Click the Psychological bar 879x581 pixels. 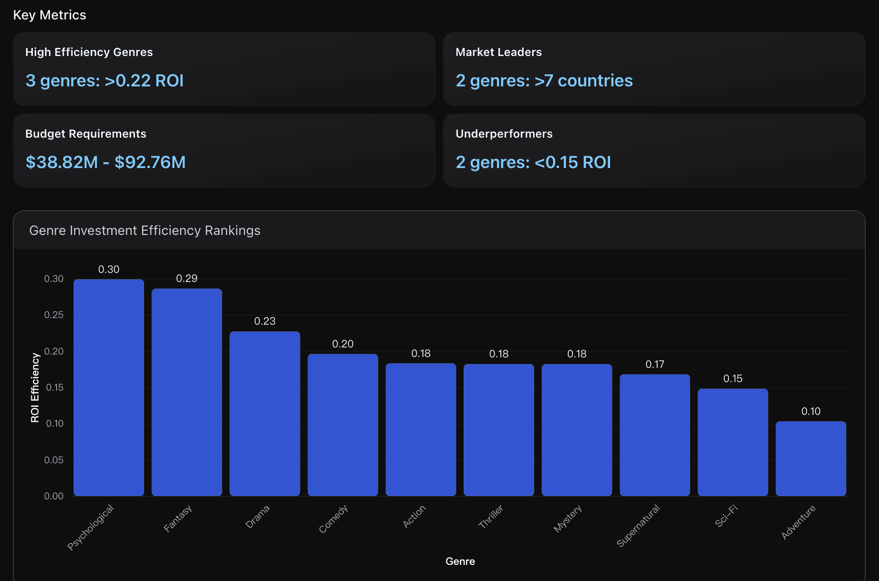pyautogui.click(x=109, y=387)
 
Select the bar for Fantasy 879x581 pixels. pyautogui.click(x=187, y=392)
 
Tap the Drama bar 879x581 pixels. pyautogui.click(x=265, y=413)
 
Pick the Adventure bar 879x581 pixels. pyautogui.click(x=811, y=459)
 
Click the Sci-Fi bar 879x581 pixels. pyautogui.click(x=733, y=442)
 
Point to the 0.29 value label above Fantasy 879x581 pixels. pyautogui.click(x=187, y=279)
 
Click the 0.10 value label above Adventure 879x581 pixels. pyautogui.click(x=811, y=412)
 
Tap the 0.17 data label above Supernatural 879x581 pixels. pyautogui.click(x=655, y=365)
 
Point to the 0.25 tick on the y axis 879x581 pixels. pyautogui.click(x=54, y=315)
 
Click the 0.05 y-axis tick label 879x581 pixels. pyautogui.click(x=54, y=460)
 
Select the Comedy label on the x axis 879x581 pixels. pyautogui.click(x=334, y=519)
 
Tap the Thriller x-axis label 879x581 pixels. pyautogui.click(x=491, y=516)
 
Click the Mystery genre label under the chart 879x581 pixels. pyautogui.click(x=568, y=518)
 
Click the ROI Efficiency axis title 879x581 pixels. pyautogui.click(x=35, y=387)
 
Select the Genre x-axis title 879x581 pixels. pyautogui.click(x=460, y=562)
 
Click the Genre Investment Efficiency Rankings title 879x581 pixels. pyautogui.click(x=145, y=231)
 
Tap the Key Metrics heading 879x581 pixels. pyautogui.click(x=50, y=15)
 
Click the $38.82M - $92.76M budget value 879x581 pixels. pyautogui.click(x=105, y=162)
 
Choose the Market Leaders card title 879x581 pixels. pyautogui.click(x=498, y=52)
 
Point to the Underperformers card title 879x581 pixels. pyautogui.click(x=504, y=134)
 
